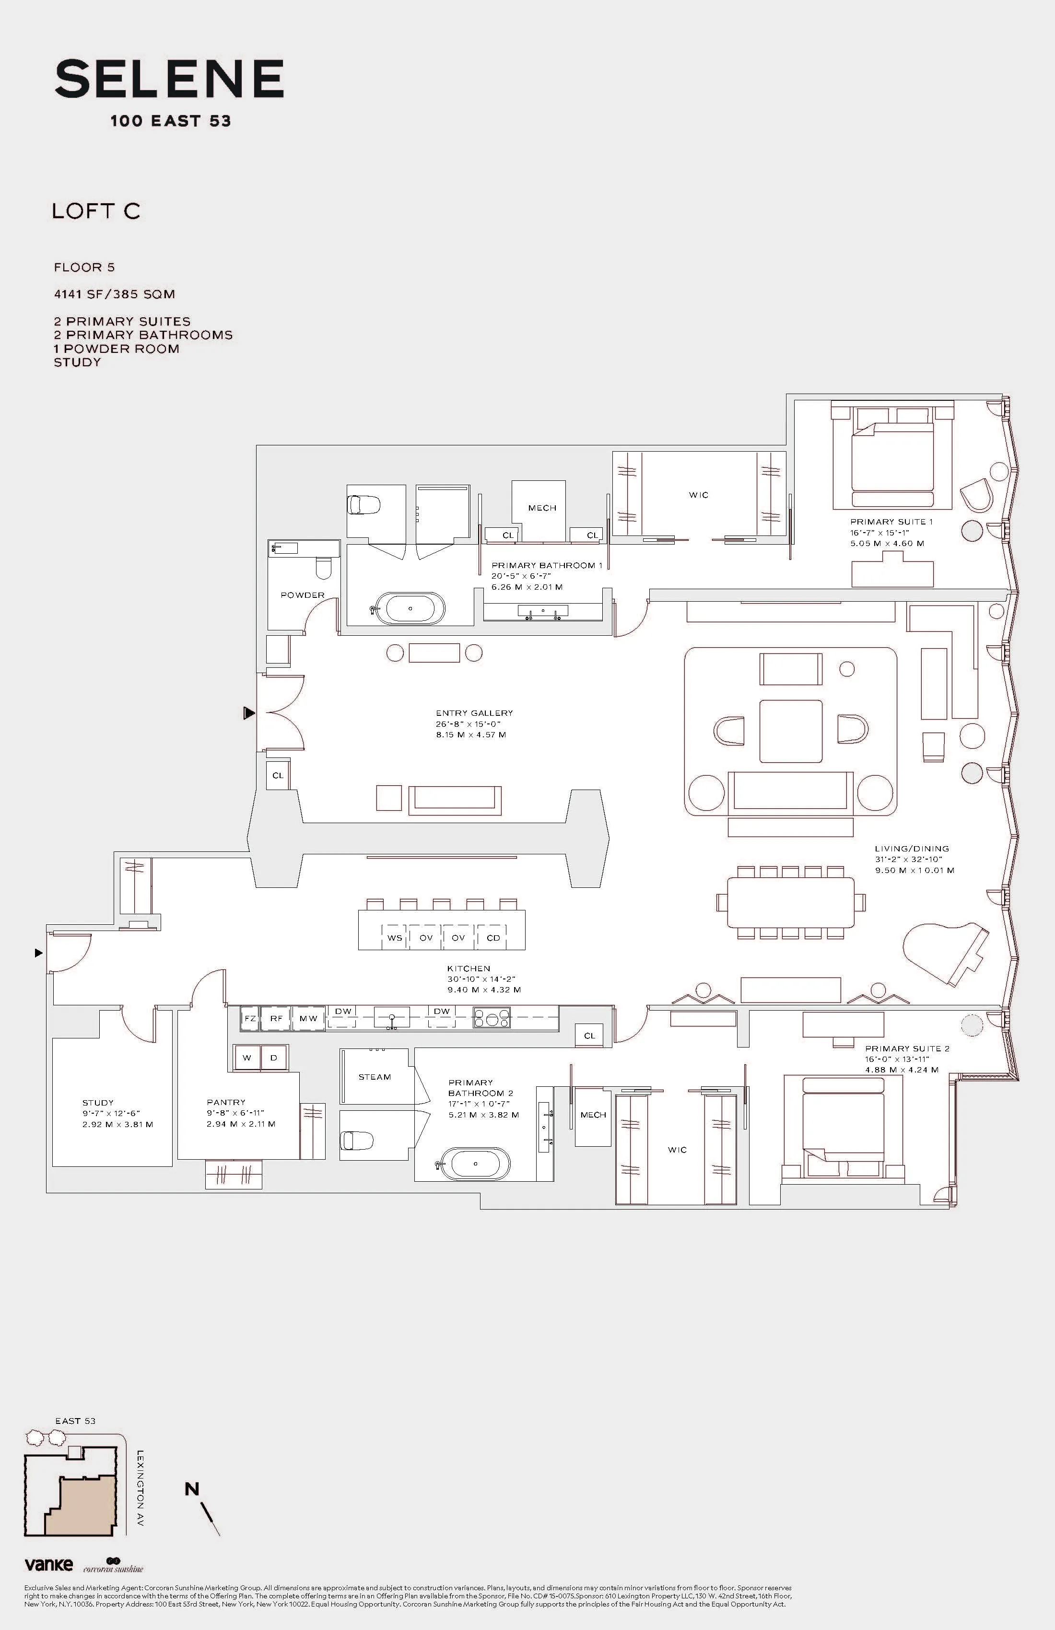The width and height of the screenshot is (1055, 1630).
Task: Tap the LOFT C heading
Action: click(x=96, y=211)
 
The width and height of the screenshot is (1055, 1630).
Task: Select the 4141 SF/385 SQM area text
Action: click(x=115, y=294)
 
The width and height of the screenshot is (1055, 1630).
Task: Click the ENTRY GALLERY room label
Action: click(x=474, y=713)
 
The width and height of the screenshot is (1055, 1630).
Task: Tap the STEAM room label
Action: click(x=375, y=1077)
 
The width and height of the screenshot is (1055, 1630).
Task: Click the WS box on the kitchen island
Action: click(x=395, y=938)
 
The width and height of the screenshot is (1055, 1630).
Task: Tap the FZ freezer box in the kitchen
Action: click(x=250, y=1018)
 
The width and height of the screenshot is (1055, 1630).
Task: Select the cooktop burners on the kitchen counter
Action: click(x=492, y=1018)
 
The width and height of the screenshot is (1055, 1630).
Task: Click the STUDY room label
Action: click(x=98, y=1103)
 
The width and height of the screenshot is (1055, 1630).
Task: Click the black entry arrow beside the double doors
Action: click(x=249, y=714)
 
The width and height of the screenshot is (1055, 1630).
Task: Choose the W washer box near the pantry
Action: click(x=246, y=1058)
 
